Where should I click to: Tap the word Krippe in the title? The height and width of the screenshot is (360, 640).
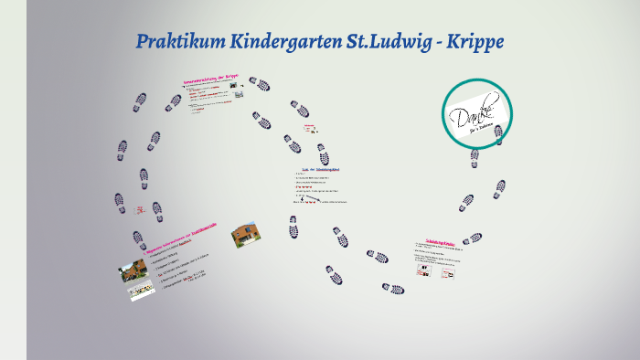(471, 42)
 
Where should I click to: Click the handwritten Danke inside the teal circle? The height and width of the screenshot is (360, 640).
(475, 115)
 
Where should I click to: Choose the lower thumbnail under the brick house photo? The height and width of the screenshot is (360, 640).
(141, 291)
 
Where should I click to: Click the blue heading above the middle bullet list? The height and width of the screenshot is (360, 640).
(320, 169)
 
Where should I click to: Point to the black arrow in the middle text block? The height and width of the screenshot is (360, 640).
(311, 196)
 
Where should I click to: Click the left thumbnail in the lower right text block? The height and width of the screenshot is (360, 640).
(421, 271)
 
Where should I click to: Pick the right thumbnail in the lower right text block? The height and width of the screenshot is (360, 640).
(448, 271)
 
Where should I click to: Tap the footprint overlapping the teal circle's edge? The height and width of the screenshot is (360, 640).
(498, 134)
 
